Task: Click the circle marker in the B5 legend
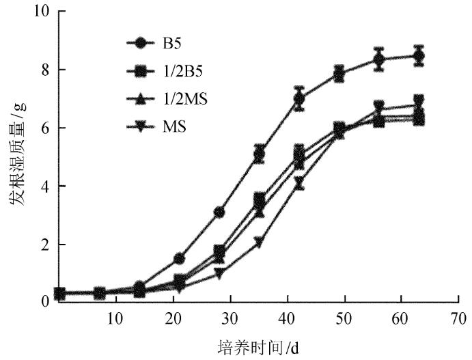tap(141, 44)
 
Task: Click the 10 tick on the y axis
tap(40, 12)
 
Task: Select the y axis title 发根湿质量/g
tap(15, 156)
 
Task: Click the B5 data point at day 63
tap(419, 55)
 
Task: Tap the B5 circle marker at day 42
tap(299, 98)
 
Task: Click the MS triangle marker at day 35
tap(259, 241)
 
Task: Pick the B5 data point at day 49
tap(339, 74)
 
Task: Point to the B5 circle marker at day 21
tap(179, 258)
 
